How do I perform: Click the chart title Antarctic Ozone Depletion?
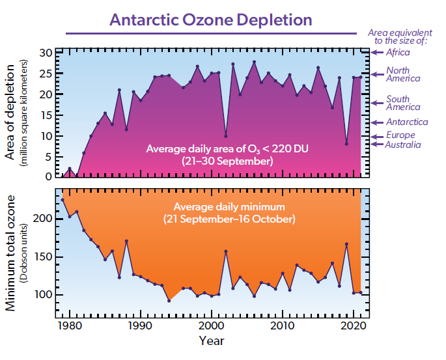pos(211,19)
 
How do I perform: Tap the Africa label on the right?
pos(398,52)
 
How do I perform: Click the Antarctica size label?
pos(407,122)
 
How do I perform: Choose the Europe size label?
pos(401,135)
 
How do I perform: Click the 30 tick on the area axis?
pos(46,53)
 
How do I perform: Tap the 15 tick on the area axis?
pos(46,115)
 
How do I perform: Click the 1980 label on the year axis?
pos(68,325)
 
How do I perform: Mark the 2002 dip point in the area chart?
pos(225,136)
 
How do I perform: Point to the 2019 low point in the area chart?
pos(346,144)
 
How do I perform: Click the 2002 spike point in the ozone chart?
pos(225,251)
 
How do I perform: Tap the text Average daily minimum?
pos(229,208)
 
